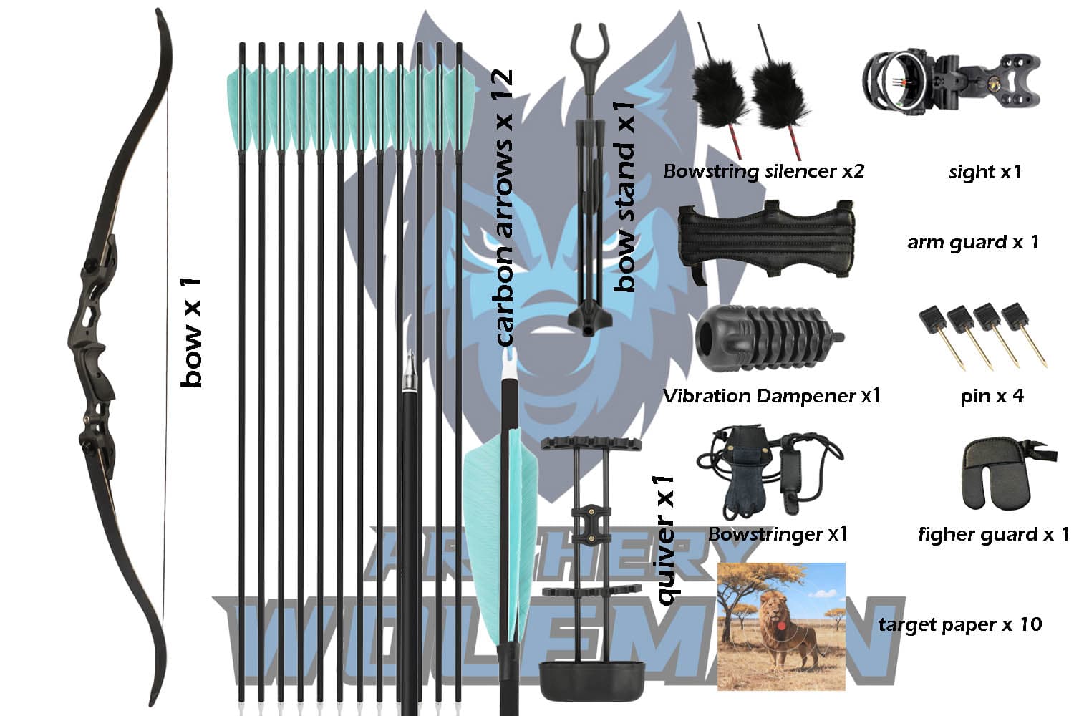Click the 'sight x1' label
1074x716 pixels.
point(984,172)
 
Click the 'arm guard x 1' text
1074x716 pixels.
point(972,242)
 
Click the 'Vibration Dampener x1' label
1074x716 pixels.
point(771,396)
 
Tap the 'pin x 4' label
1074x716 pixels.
point(992,396)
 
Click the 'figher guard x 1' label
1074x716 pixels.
point(993,534)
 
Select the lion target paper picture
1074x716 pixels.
point(781,626)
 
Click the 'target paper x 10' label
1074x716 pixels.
point(959,624)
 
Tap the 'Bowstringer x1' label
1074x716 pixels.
point(778,534)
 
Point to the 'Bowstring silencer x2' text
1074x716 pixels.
point(763,172)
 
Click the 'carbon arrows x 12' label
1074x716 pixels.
point(504,208)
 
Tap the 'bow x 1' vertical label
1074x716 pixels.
point(192,333)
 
